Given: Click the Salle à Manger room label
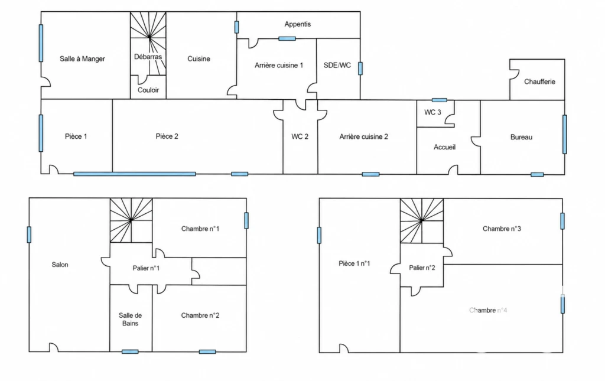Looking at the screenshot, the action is click(82, 58).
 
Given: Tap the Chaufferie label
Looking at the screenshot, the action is click(539, 82).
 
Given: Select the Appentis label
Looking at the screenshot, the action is click(298, 24).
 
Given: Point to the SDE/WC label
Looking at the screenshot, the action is click(337, 65).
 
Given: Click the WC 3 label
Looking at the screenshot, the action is click(432, 112).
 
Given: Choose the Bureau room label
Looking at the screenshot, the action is click(521, 137).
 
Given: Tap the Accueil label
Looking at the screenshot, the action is click(444, 147).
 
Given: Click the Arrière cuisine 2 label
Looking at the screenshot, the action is click(363, 136).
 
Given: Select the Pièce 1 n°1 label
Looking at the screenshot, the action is click(354, 263).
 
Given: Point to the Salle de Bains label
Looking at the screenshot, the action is click(130, 320).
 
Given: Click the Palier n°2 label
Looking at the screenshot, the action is click(422, 268).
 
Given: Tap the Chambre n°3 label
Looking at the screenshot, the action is click(502, 229).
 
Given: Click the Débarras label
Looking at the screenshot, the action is click(148, 57).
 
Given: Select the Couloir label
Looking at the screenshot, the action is click(148, 90).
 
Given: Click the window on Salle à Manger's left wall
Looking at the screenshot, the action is click(41, 43).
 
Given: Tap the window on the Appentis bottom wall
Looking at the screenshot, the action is click(287, 38).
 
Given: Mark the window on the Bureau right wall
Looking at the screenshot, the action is click(564, 134).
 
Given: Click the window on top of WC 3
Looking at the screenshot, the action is click(439, 100).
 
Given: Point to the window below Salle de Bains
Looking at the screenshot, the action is click(130, 351).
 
